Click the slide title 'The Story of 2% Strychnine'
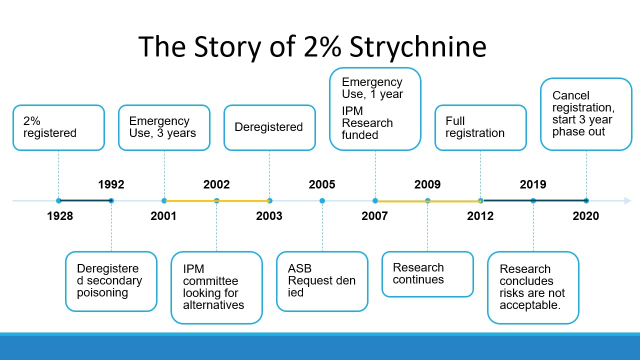coord(312,46)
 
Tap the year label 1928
coord(60,216)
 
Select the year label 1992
coord(111,184)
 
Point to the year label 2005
coord(322,184)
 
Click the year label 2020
coord(585,216)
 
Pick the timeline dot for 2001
coord(164,201)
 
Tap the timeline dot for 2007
coord(375,201)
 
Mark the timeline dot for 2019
coord(533,201)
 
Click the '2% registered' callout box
coord(58,127)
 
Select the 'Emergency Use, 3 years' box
coord(164,127)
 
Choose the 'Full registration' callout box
coord(480,127)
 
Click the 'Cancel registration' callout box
coord(586,114)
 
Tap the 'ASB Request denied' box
coord(322,281)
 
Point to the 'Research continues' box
coord(427,274)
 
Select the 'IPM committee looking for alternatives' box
coord(216,287)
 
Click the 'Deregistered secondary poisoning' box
coord(111,281)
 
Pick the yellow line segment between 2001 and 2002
coord(190,201)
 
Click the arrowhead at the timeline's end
coord(627,201)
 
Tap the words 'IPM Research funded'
coord(367,123)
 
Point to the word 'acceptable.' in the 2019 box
coord(530,305)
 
